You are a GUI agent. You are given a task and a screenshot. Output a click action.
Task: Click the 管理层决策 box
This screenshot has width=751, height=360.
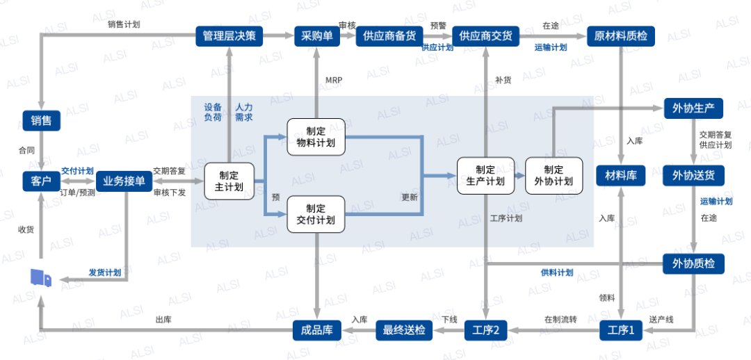pos(229,36)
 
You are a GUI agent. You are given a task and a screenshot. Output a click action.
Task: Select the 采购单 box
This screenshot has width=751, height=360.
pos(317,36)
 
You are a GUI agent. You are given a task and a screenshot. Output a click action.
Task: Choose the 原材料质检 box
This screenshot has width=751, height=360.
pos(621,36)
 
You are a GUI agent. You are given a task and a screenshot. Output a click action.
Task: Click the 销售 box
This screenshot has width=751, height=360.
pos(42,120)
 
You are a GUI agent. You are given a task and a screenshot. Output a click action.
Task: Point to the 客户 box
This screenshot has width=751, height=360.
pos(42,181)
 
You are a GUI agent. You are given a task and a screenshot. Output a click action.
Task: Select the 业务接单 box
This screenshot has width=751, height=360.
pos(124,181)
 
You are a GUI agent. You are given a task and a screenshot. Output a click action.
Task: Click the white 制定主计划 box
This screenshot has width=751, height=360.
pos(229,181)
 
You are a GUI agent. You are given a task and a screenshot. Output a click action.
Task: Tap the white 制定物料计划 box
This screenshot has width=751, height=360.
pos(316,137)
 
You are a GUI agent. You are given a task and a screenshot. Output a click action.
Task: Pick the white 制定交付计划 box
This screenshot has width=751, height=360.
pos(316,214)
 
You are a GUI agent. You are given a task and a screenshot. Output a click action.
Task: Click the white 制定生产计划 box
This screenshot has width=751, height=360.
pos(485,175)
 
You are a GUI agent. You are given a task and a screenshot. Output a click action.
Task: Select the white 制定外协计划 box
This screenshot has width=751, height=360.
pos(554,175)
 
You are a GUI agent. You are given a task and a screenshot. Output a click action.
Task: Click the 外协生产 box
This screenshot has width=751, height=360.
pos(693,108)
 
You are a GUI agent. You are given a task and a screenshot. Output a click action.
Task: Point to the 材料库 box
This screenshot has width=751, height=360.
pos(621,175)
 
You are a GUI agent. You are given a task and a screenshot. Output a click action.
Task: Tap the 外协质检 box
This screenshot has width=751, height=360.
pos(693,263)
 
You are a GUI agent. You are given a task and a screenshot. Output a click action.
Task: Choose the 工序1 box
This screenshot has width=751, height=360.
pos(621,330)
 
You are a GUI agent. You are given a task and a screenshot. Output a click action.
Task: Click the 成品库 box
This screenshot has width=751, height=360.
pos(317,330)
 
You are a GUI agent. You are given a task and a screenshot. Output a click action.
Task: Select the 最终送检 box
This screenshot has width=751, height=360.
pos(404,330)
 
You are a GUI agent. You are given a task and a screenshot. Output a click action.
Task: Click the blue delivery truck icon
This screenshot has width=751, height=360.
pos(40,278)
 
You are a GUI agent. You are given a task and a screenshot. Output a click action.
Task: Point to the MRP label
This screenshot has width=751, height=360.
pos(334,80)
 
